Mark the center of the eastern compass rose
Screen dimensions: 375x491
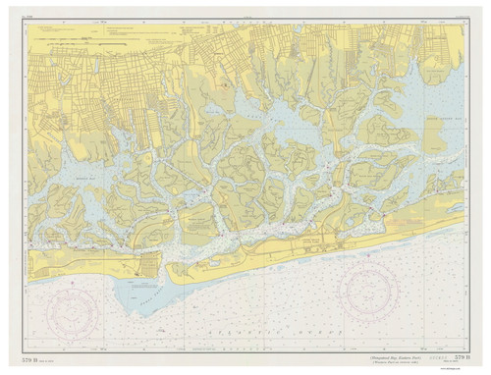coord(374,289)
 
